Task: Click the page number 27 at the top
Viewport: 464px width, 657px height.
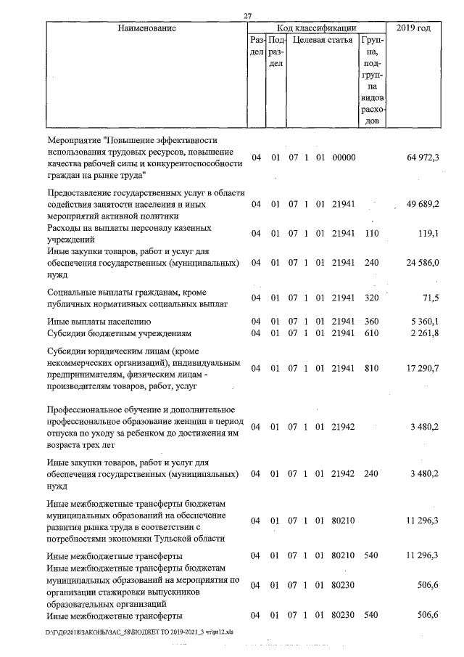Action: click(x=247, y=16)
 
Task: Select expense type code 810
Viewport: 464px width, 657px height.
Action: click(x=372, y=369)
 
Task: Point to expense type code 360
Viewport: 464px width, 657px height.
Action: click(x=372, y=321)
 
